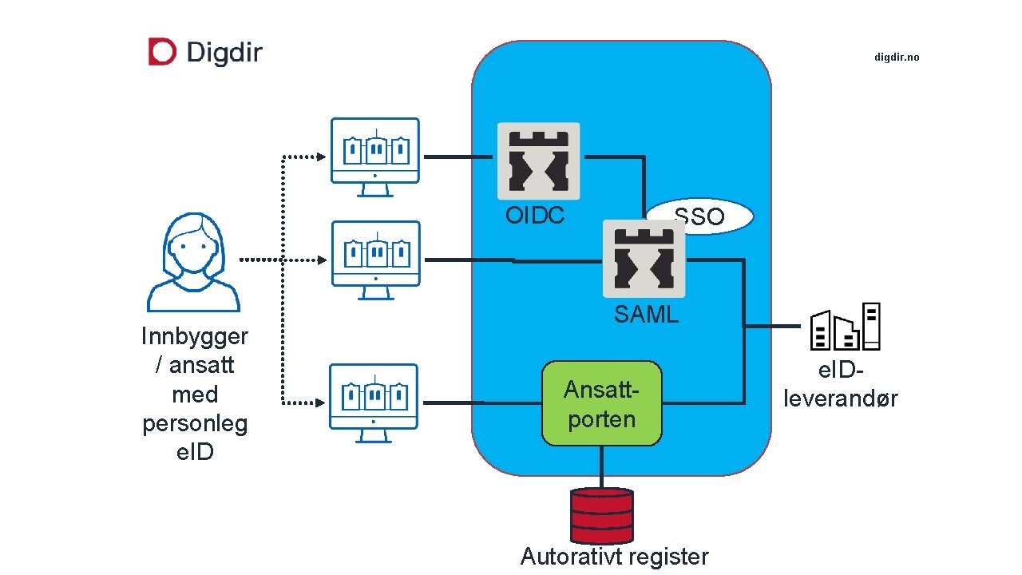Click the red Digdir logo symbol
tap(161, 52)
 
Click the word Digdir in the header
tap(224, 53)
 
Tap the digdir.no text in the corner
tap(897, 57)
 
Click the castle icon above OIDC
tap(538, 161)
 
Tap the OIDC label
tap(535, 216)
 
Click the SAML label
tap(646, 315)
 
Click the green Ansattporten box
tap(602, 403)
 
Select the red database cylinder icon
tap(601, 515)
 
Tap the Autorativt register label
tap(614, 557)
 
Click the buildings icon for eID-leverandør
tap(845, 327)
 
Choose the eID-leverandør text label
tap(840, 384)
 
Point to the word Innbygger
tap(195, 336)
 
